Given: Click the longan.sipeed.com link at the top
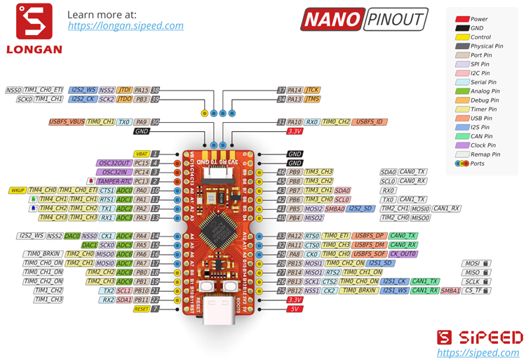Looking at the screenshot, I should pos(126,26).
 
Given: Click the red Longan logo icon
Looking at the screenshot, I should pos(34,21).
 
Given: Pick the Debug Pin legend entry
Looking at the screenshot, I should pos(485,100).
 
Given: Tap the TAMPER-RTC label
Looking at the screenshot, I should pos(116,181).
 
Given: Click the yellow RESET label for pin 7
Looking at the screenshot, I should pos(141,309).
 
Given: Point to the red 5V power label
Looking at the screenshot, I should pos(295,309).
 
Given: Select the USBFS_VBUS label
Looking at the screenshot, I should pos(66,122).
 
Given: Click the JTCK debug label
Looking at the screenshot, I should pos(313,90).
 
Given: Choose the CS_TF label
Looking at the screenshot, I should pos(476,291).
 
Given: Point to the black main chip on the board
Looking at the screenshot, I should pos(223,228).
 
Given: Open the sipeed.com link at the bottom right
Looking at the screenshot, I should pos(479,352).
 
